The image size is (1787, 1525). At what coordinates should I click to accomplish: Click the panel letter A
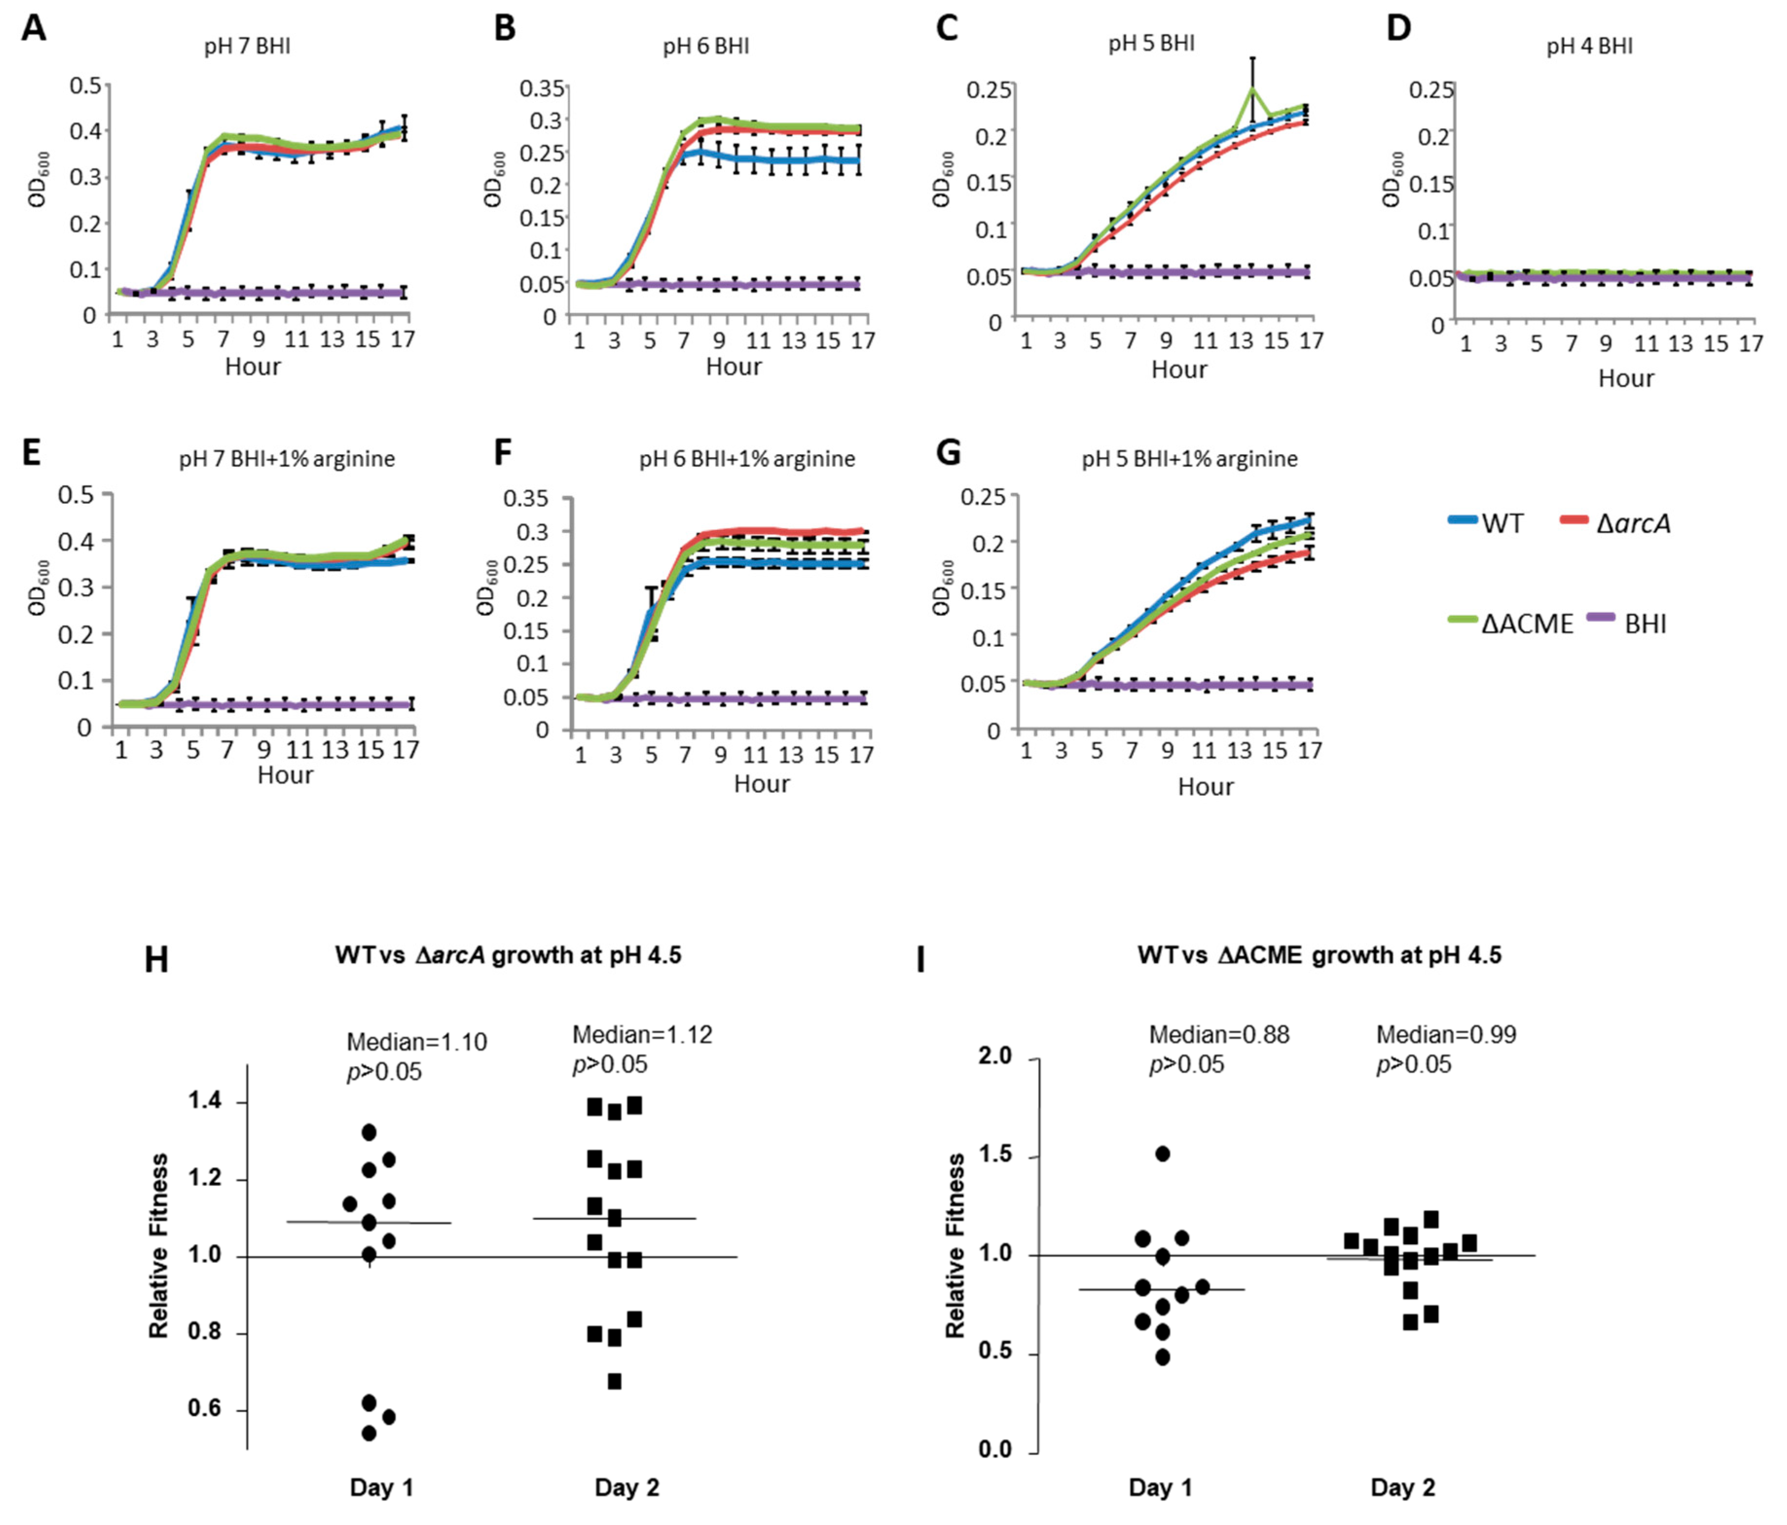click(34, 28)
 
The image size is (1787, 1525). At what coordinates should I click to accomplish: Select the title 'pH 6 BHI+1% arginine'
click(747, 459)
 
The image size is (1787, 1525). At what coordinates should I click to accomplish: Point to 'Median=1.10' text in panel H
click(417, 1042)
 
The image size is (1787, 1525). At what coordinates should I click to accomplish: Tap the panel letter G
click(948, 452)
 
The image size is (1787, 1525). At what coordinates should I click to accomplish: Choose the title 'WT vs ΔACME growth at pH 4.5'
click(1319, 955)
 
